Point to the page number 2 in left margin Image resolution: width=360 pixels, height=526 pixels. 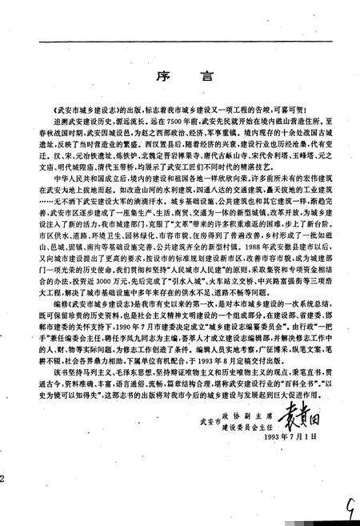[x=4, y=478]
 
